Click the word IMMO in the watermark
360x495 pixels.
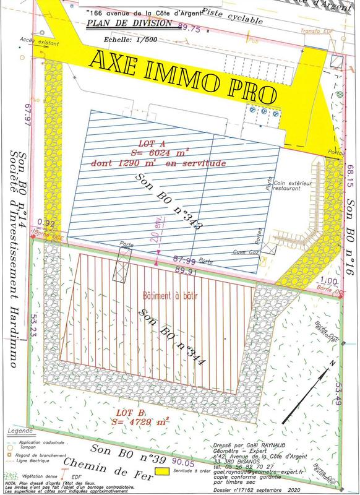pyautogui.click(x=180, y=72)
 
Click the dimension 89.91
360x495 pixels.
pyautogui.click(x=185, y=270)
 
